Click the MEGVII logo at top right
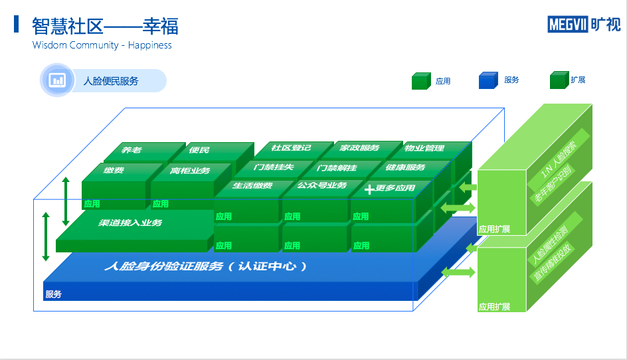(584, 25)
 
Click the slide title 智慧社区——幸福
(105, 26)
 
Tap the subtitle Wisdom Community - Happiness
(102, 45)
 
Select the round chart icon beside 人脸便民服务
(58, 80)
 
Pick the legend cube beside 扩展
(559, 80)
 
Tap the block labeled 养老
(132, 150)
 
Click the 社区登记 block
(291, 147)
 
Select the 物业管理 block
(424, 147)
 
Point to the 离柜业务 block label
(190, 171)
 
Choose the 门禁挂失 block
(274, 167)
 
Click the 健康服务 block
(405, 167)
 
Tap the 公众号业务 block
(321, 185)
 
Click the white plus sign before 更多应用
(369, 189)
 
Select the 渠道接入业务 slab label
(131, 223)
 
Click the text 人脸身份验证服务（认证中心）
(206, 266)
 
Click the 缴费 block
(114, 171)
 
